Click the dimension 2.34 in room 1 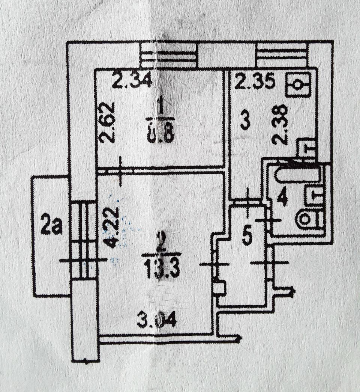132,81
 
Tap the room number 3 244,122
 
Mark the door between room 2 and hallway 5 214,264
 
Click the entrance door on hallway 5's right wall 270,263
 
